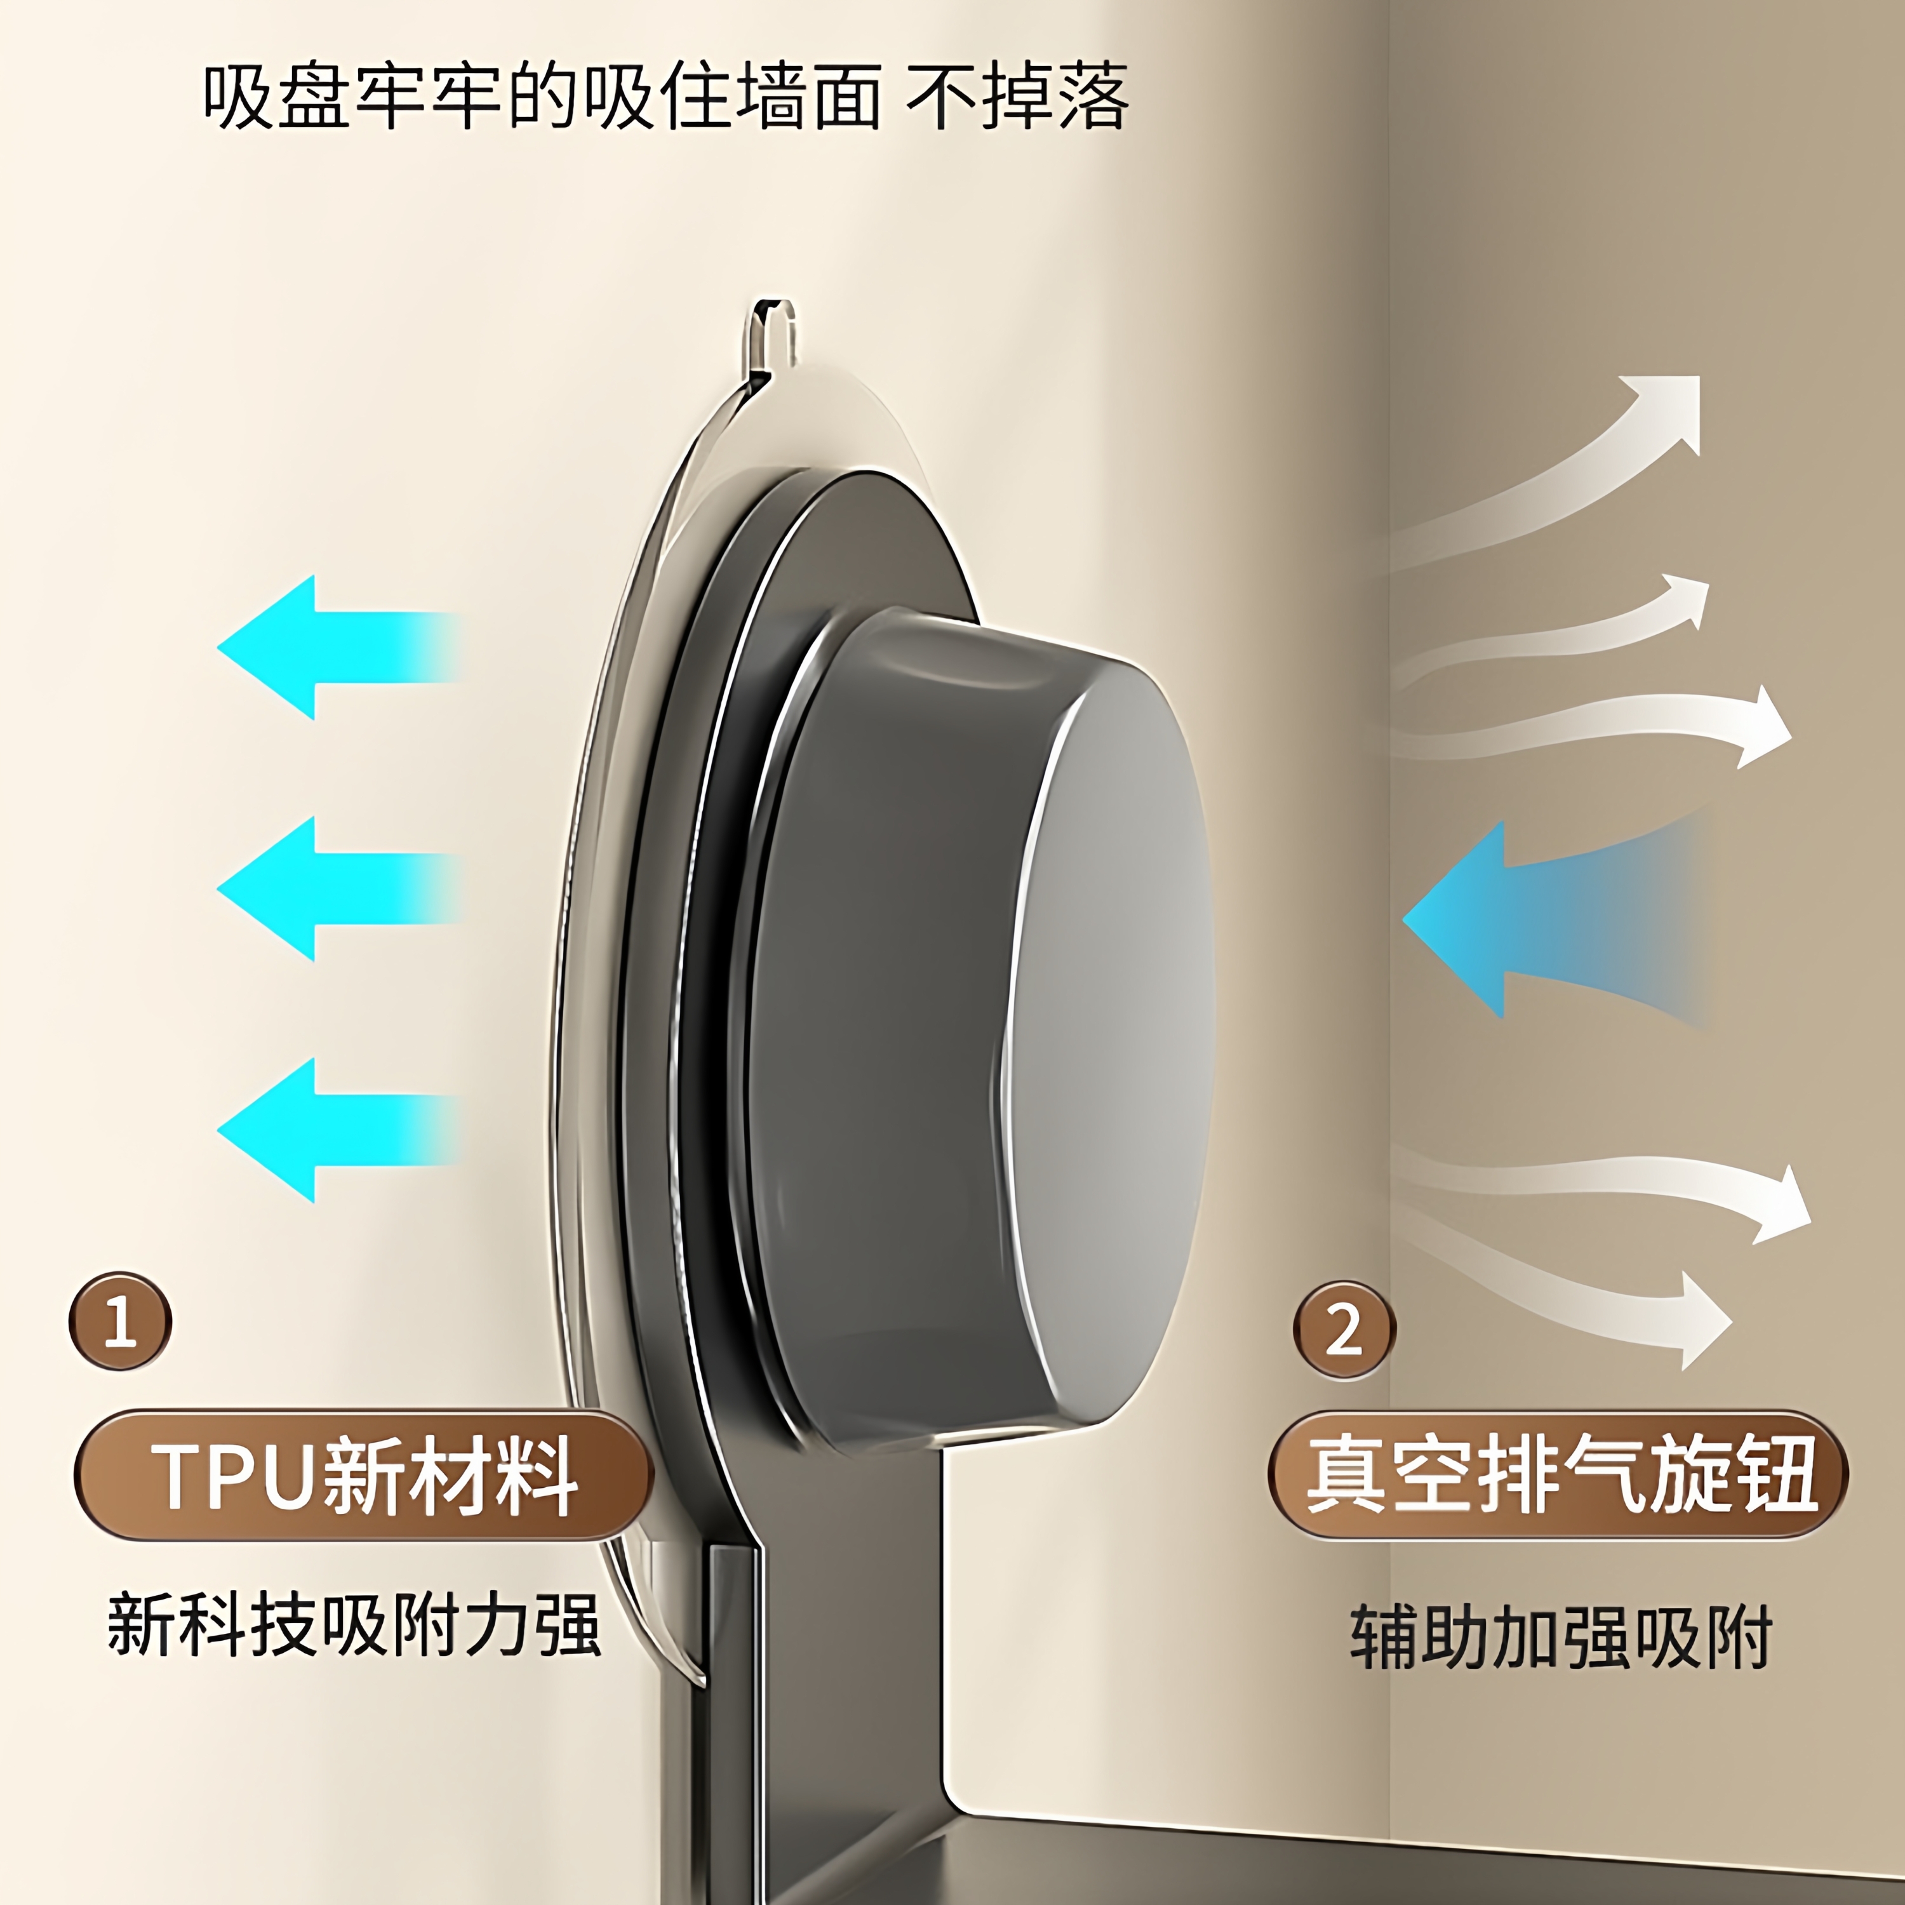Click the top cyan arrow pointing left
(325, 648)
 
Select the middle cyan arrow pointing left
(325, 888)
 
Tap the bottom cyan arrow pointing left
(325, 1130)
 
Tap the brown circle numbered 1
(120, 1321)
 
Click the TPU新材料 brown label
(363, 1476)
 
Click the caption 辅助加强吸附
(1561, 1637)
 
